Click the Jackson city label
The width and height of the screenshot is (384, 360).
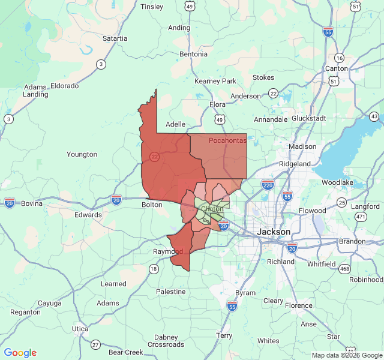(x=274, y=232)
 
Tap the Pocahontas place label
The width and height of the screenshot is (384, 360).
(x=228, y=140)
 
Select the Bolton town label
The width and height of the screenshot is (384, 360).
(x=152, y=205)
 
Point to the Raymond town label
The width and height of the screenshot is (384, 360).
(x=168, y=251)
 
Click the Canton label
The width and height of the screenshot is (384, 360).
(x=336, y=68)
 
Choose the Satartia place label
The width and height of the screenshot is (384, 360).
(x=115, y=38)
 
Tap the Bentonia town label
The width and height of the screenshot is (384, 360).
(x=193, y=54)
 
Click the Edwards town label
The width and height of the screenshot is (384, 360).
(x=88, y=215)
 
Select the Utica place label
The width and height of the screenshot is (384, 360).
(x=80, y=329)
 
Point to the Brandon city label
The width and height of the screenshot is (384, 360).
(x=352, y=241)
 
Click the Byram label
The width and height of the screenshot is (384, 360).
(x=245, y=293)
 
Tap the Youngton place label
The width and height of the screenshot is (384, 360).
(x=82, y=154)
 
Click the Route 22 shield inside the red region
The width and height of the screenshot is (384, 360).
(x=154, y=157)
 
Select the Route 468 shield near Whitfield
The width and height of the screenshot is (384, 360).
(x=344, y=269)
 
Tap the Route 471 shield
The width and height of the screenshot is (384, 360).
(x=360, y=216)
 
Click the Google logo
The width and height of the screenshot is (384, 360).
(x=20, y=353)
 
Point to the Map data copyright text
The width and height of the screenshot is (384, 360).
(x=346, y=355)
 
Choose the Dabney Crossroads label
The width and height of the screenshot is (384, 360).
(x=166, y=341)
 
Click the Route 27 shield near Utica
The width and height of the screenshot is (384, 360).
(x=95, y=344)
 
